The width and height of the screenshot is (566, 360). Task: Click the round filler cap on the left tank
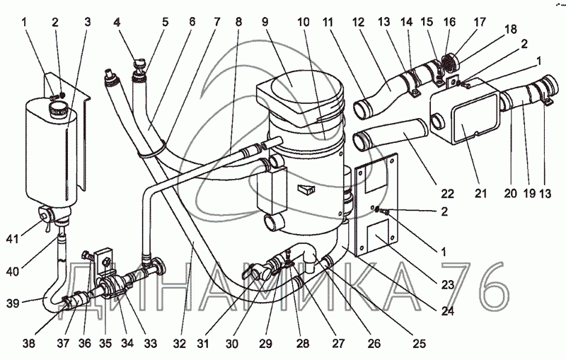(x=58, y=110)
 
